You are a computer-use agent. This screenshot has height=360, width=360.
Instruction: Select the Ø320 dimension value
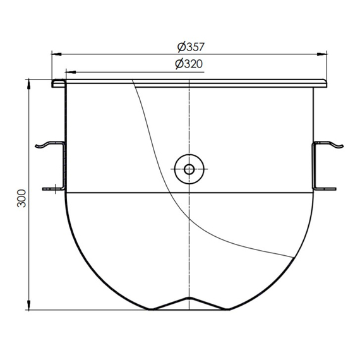pyautogui.click(x=190, y=64)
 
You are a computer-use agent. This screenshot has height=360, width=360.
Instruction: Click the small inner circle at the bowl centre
pyautogui.click(x=189, y=169)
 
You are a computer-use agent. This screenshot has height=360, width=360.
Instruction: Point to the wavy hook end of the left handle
pyautogui.click(x=44, y=146)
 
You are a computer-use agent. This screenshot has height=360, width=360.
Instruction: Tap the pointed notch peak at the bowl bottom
pyautogui.click(x=189, y=299)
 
